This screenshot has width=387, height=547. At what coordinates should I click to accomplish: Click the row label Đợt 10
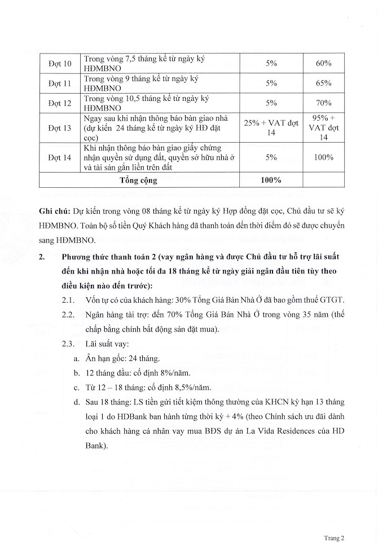tap(60, 64)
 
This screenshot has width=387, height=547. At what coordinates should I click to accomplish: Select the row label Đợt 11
tap(60, 83)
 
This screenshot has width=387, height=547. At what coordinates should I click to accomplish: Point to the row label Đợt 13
tap(60, 128)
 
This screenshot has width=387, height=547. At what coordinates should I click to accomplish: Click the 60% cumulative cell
tap(323, 64)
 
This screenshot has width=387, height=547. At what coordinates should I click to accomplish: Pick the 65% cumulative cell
tap(323, 83)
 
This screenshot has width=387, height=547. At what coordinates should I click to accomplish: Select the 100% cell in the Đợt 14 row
tap(323, 158)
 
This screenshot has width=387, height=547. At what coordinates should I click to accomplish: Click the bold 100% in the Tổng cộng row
tap(271, 180)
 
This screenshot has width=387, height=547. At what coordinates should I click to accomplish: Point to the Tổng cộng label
tap(139, 180)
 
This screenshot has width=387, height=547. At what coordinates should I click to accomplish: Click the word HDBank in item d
tap(130, 417)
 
